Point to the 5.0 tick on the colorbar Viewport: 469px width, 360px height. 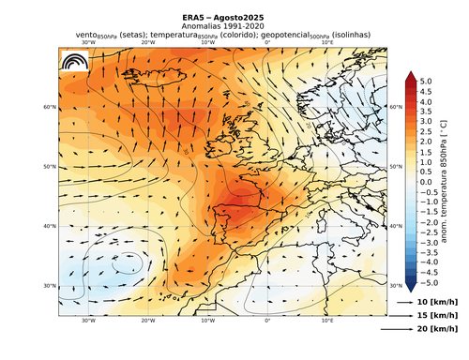pyautogui.click(x=426, y=82)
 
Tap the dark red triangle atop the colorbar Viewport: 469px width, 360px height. pyautogui.click(x=410, y=77)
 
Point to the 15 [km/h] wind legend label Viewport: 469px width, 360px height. pyautogui.click(x=437, y=317)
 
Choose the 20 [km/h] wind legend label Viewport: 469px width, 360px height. pyautogui.click(x=437, y=330)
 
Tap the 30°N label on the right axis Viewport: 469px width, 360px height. pyautogui.click(x=395, y=285)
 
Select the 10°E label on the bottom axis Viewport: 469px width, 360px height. pyautogui.click(x=327, y=320)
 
